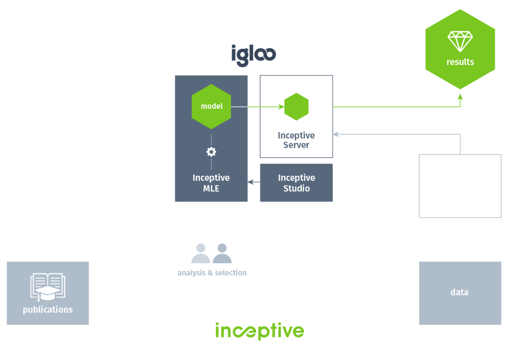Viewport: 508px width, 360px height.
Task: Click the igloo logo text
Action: point(254,55)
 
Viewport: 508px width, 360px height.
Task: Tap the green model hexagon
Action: point(211,106)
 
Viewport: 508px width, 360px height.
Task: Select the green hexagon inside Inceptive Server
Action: point(296,107)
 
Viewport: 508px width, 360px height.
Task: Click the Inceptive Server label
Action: point(296,140)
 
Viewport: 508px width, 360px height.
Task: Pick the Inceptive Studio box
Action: point(296,183)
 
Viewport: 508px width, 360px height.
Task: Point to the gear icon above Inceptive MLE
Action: point(211,152)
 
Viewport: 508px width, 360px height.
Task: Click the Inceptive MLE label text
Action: point(211,183)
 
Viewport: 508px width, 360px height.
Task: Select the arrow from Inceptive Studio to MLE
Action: point(254,182)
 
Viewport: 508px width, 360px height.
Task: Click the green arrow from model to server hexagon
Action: point(258,107)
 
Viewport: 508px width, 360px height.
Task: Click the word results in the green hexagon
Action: point(460,62)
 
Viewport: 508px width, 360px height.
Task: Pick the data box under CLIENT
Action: point(460,293)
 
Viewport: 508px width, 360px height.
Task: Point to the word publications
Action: point(48,310)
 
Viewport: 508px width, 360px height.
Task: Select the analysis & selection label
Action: point(212,273)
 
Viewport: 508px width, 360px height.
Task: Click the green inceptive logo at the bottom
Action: point(260,331)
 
